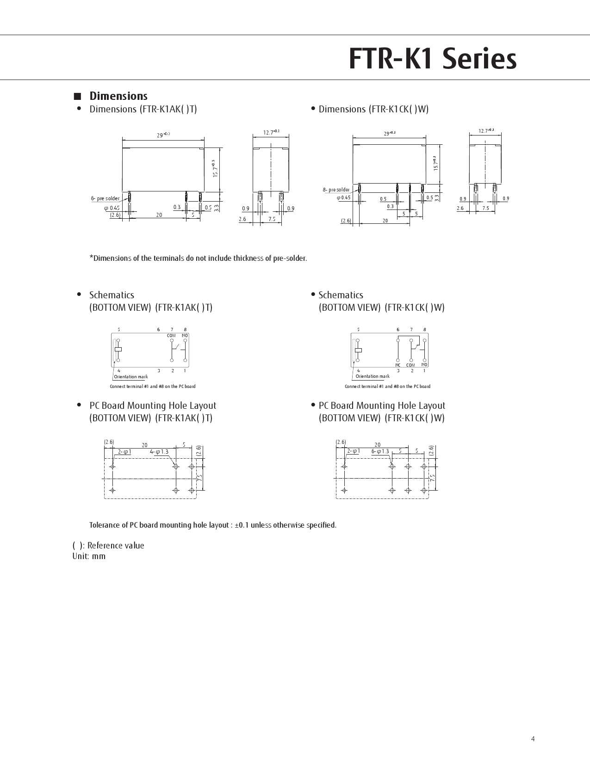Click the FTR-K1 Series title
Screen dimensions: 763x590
pos(432,59)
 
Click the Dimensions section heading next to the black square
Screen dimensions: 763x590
pos(118,96)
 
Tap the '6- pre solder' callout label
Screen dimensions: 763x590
pos(105,198)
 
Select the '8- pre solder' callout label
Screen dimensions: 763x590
pos(336,190)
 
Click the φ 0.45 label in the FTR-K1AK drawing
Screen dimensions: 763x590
pos(112,208)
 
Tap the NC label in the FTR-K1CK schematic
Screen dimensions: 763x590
pos(398,365)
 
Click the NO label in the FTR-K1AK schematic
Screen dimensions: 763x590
pos(185,335)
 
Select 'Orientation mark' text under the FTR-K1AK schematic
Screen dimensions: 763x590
pos(131,376)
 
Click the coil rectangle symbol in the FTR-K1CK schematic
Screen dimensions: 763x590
pos(358,350)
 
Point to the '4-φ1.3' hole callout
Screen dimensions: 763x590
pos(159,452)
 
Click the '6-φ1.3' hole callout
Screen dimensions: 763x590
pos(380,451)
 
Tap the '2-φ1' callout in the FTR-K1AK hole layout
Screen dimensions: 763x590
pos(124,452)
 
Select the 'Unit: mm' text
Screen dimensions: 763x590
pos(89,556)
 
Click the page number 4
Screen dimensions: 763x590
pos(533,739)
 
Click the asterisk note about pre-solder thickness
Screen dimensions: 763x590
pos(198,258)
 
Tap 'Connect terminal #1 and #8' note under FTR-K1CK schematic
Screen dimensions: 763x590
pos(387,386)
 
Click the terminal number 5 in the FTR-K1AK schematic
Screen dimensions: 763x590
pos(118,330)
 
